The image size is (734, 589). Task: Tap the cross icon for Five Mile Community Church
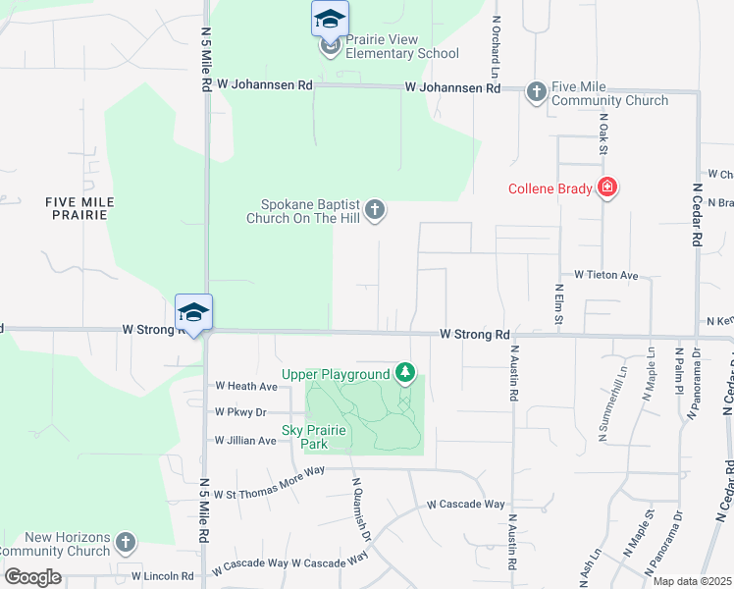[536, 92]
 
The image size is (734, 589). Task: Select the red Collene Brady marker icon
[607, 187]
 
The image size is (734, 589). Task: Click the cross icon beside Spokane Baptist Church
[374, 209]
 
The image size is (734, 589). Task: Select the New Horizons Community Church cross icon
[125, 542]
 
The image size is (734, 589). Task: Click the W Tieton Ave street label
[606, 275]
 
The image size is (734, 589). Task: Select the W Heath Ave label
[246, 387]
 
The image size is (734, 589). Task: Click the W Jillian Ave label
[245, 441]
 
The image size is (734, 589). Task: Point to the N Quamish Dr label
[362, 509]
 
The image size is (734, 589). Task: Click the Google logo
[32, 577]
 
